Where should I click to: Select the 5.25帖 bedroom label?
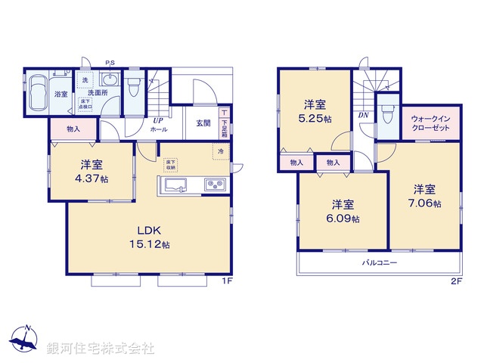click(x=315, y=111)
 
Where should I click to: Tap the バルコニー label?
click(x=379, y=262)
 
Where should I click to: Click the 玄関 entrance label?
click(x=203, y=123)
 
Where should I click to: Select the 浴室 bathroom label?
click(x=61, y=95)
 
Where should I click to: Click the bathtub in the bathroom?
click(x=39, y=94)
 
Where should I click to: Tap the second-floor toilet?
click(x=388, y=113)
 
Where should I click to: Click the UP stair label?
click(x=158, y=119)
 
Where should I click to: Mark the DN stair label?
click(x=363, y=116)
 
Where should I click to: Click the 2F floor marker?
click(x=456, y=281)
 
